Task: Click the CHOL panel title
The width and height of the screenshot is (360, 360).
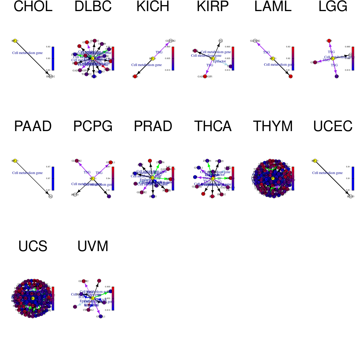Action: click(x=33, y=7)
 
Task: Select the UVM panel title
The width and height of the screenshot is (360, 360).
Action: click(x=93, y=246)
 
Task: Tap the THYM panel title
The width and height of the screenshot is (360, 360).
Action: click(x=273, y=126)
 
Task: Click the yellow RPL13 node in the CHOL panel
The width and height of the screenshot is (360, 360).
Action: click(x=15, y=41)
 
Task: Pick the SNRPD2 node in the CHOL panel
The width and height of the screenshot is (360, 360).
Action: click(x=51, y=76)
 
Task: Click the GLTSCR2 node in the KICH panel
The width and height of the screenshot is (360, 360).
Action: click(x=171, y=41)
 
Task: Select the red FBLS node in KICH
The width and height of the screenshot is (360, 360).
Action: click(x=135, y=76)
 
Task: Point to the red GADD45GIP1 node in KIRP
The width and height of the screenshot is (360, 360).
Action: click(x=205, y=76)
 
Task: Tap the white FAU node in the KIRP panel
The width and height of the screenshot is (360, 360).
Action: click(x=220, y=41)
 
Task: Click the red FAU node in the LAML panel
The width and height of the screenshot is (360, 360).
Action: click(x=290, y=76)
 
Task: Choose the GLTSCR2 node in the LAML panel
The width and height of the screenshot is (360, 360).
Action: click(x=255, y=41)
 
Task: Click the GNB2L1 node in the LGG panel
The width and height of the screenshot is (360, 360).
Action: click(x=315, y=62)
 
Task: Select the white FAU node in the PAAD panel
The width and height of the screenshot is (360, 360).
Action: click(x=51, y=196)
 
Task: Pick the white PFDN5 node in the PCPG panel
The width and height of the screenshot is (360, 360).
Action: click(x=75, y=195)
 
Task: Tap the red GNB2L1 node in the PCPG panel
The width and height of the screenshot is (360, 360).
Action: click(x=111, y=162)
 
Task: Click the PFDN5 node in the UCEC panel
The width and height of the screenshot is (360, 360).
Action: click(x=351, y=196)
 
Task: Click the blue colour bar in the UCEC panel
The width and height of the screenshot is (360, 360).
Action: click(x=353, y=178)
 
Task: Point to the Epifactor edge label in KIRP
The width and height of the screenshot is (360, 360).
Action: click(x=219, y=61)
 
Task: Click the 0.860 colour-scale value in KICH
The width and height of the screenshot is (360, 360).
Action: click(x=167, y=47)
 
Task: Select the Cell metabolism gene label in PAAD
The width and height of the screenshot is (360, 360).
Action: click(x=27, y=173)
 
